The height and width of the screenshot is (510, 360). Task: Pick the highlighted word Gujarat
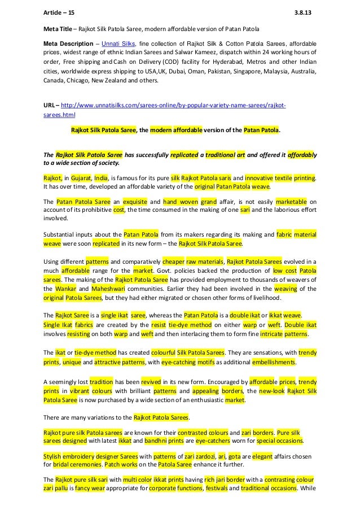pyautogui.click(x=81, y=177)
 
